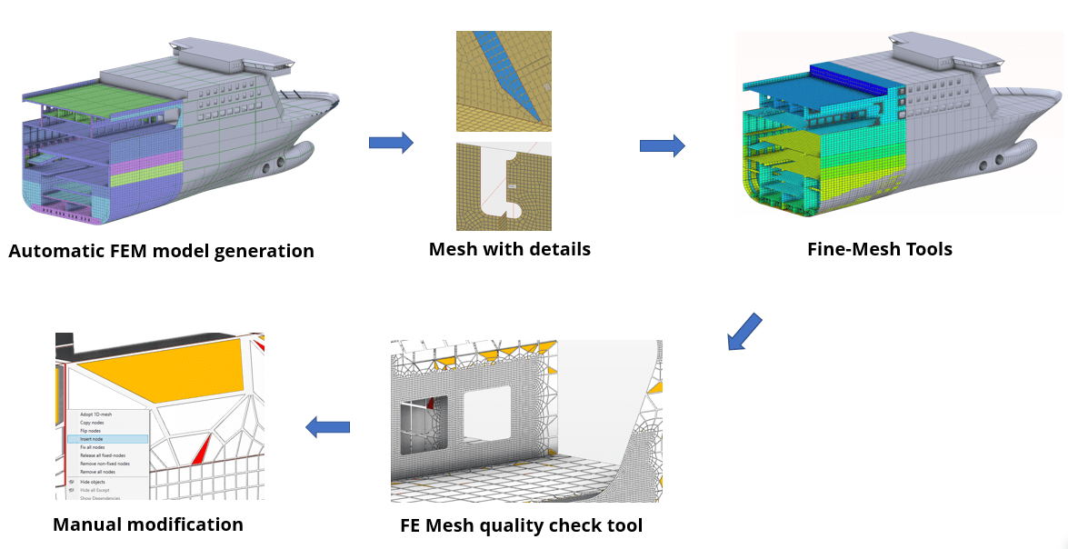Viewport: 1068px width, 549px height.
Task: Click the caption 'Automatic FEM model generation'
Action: [x=161, y=251]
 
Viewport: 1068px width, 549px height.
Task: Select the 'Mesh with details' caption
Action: [x=509, y=249]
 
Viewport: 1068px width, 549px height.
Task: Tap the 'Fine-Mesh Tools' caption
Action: [x=879, y=249]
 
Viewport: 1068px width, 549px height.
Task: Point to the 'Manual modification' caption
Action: [x=148, y=524]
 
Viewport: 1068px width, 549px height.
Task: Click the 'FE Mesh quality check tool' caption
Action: [x=521, y=525]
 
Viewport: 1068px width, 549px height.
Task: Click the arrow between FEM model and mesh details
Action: [x=391, y=143]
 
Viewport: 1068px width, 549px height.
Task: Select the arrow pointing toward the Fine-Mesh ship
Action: [x=662, y=145]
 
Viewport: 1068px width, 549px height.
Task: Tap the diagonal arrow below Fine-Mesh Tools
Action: [x=744, y=331]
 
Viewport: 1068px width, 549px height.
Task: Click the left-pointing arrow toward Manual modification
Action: [x=327, y=426]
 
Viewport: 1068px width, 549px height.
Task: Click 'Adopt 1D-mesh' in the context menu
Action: [x=95, y=414]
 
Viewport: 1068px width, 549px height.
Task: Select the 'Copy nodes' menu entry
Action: [x=92, y=423]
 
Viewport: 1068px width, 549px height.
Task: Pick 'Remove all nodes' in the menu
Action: [x=97, y=472]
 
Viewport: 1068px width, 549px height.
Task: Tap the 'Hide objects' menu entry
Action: [x=93, y=482]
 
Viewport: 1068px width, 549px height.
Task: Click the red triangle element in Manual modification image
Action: [x=201, y=449]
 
